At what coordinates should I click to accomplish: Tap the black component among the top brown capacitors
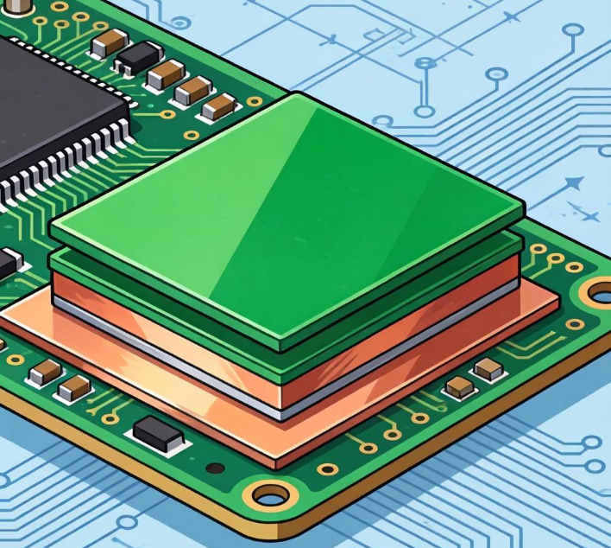point(137,58)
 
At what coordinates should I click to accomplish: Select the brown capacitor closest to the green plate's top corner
point(219,106)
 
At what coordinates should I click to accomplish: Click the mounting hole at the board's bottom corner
point(271,495)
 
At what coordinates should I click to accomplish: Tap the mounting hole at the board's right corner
point(599,292)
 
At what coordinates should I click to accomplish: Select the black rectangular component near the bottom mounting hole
point(159,432)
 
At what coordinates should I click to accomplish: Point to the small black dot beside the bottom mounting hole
point(216,468)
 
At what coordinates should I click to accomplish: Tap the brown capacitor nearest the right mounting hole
point(489,369)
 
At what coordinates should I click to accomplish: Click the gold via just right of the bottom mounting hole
point(327,469)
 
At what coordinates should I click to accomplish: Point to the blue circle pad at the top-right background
point(573,30)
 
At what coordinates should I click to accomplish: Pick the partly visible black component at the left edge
point(9,261)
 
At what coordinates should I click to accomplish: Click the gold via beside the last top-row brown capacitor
point(254,102)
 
